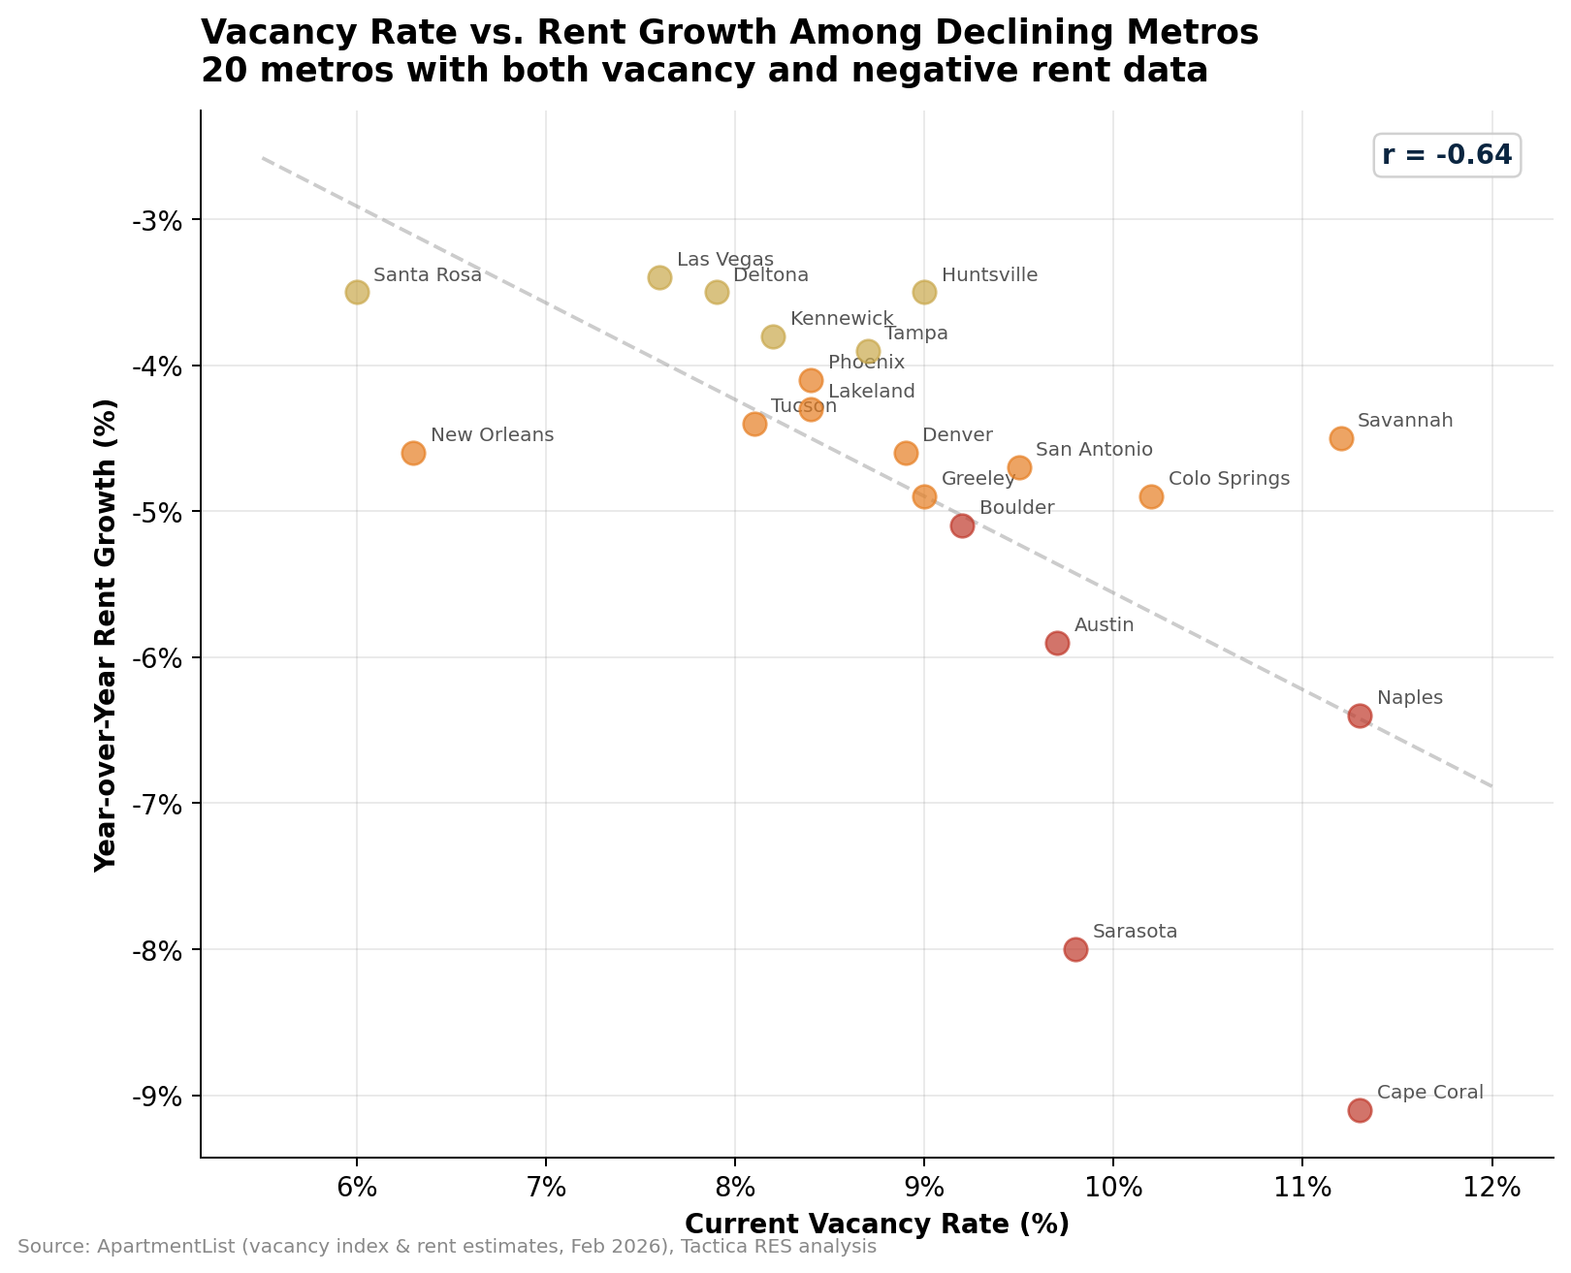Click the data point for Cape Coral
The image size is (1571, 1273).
(1360, 1110)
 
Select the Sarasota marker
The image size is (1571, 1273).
(1075, 949)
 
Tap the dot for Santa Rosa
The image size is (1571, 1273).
(357, 292)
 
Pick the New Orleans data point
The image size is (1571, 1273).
(413, 453)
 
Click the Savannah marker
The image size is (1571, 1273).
(1341, 438)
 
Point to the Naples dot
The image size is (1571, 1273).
(1360, 716)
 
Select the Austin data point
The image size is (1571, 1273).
(1057, 643)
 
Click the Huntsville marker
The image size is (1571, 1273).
(924, 292)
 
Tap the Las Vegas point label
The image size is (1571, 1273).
(724, 260)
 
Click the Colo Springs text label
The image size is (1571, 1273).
(1229, 479)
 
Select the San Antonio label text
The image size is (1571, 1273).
(1094, 450)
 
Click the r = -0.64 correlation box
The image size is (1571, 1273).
(1446, 155)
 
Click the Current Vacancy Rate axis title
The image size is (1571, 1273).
(877, 1225)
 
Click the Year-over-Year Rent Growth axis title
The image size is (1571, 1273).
(106, 635)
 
